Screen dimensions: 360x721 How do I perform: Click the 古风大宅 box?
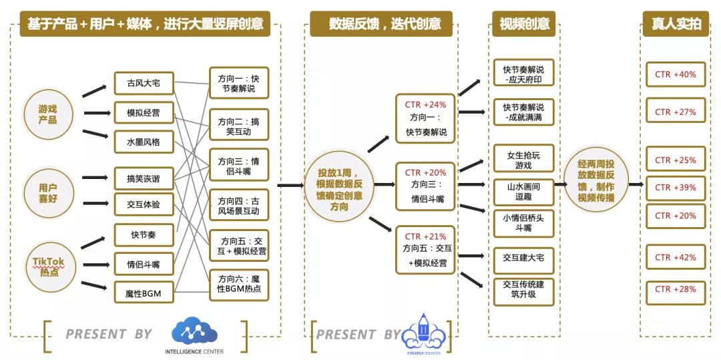pos(144,83)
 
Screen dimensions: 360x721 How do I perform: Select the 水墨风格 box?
pos(144,142)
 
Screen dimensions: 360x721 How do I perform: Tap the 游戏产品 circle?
pos(47,114)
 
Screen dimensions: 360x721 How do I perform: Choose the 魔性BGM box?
pos(144,293)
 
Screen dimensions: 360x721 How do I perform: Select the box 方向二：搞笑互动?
pos(239,125)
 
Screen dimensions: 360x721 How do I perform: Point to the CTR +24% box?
pos(425,118)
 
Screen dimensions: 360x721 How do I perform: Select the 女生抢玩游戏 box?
pos(524,160)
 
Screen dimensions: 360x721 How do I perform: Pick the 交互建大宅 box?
pos(524,257)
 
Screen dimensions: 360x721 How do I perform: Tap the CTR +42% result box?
pos(676,257)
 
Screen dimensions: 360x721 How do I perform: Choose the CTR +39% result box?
pos(676,188)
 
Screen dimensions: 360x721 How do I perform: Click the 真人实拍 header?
pos(676,25)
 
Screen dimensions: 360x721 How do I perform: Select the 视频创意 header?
pos(524,25)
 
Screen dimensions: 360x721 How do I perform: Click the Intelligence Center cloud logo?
pos(194,331)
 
